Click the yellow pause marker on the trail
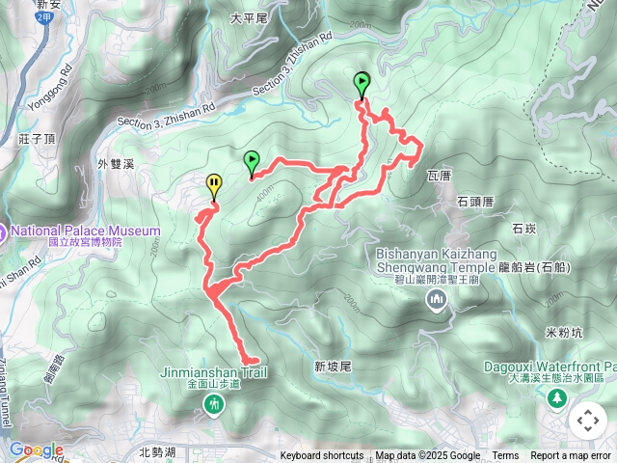[x=213, y=183]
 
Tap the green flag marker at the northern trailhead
[x=362, y=83]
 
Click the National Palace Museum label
[x=85, y=231]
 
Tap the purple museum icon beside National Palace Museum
[x=2, y=232]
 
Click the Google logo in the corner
[x=36, y=449]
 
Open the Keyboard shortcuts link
[x=322, y=456]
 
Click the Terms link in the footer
[x=505, y=456]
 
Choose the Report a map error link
[x=570, y=456]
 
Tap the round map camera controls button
[x=588, y=421]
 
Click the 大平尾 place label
[x=249, y=17]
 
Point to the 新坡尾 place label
[x=334, y=367]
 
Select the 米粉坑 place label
[x=565, y=333]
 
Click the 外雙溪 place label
[x=115, y=164]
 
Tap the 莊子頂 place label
[x=37, y=139]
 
